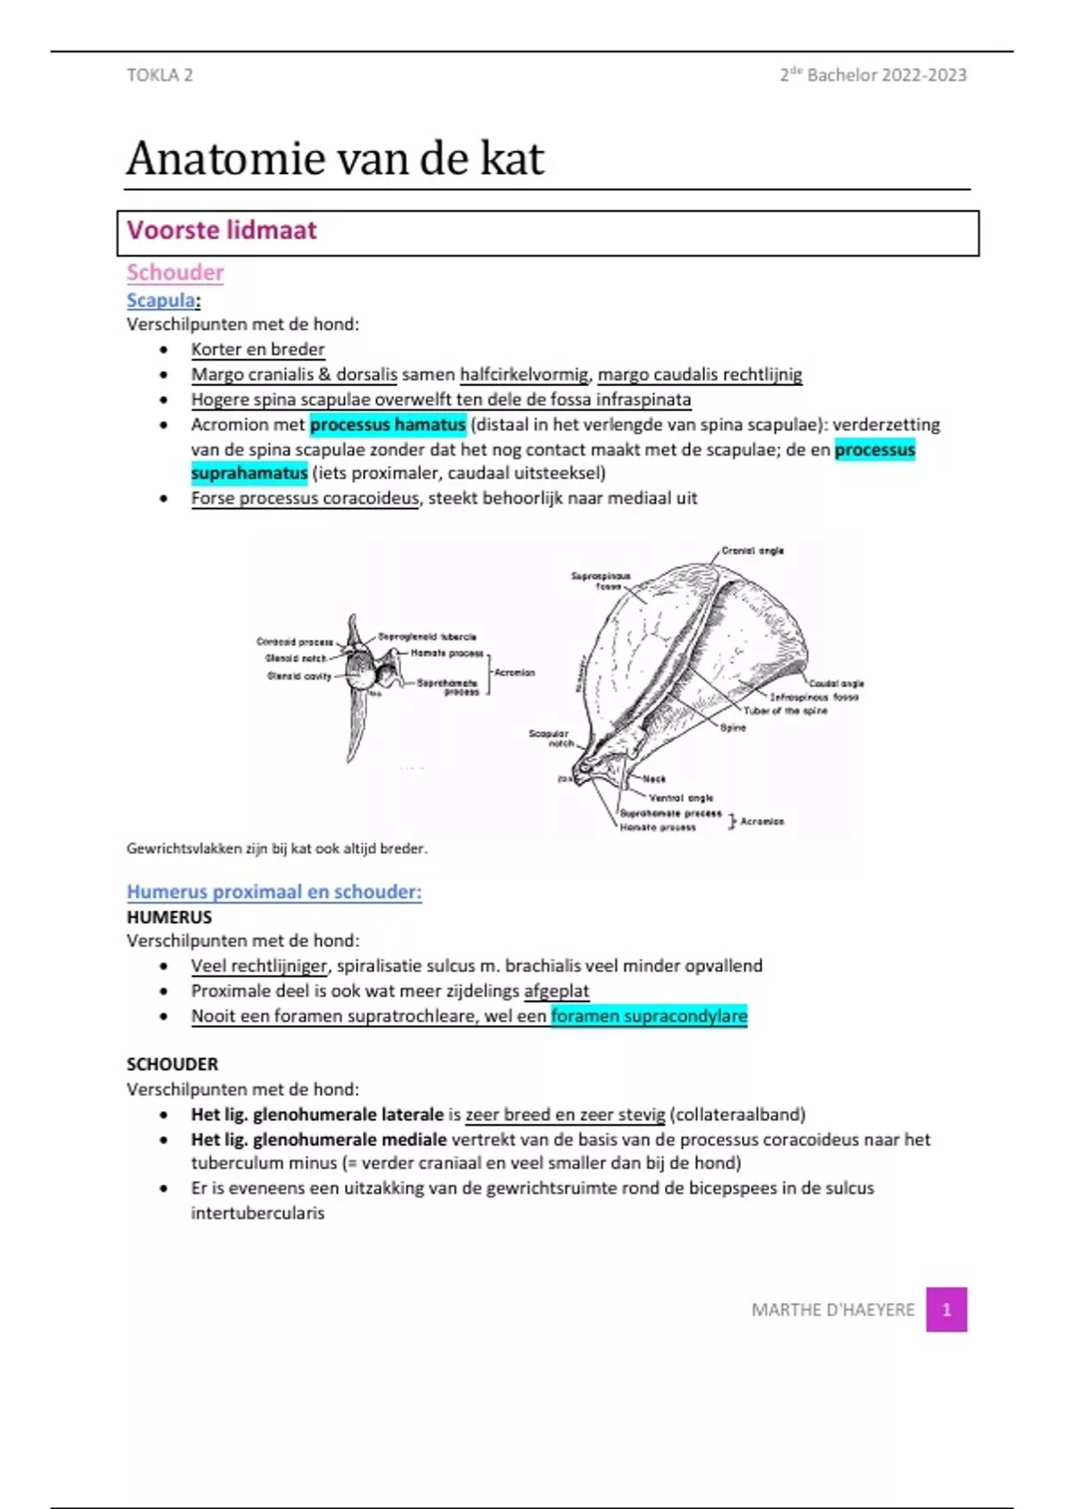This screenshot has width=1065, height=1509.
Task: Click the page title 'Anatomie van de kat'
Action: point(335,159)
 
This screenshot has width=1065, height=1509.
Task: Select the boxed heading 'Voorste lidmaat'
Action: point(222,231)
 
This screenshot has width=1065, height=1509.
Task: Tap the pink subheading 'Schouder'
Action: point(175,273)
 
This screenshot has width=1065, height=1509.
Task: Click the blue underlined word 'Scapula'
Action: point(161,300)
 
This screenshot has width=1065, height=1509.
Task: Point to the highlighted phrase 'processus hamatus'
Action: point(388,424)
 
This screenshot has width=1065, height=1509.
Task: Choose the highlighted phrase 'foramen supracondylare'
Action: point(649,1015)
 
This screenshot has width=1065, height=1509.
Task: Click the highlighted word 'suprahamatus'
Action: point(249,473)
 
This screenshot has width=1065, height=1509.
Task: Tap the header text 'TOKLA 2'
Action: point(160,75)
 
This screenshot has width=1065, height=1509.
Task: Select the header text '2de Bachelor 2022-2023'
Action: point(873,75)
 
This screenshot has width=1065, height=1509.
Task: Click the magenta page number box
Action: point(946,1309)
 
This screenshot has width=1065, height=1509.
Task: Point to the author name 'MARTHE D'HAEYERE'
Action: point(832,1310)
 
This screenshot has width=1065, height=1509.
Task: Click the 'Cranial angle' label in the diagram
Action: point(753,550)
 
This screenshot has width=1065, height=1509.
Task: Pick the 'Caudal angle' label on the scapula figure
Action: point(836,683)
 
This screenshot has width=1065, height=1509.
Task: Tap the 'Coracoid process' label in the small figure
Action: point(295,642)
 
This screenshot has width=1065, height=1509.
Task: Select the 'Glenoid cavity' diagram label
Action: point(299,676)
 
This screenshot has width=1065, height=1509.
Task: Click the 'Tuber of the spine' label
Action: point(785,711)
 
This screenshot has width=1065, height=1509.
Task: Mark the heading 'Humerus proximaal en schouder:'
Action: point(274,891)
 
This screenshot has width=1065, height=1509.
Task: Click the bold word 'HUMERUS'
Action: point(170,917)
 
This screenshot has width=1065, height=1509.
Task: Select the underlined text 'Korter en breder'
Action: point(258,350)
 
